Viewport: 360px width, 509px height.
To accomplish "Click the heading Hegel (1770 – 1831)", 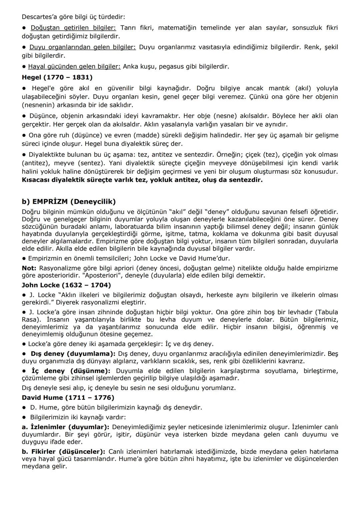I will pos(57,77).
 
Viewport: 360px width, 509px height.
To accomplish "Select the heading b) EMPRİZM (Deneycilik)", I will pos(69,202).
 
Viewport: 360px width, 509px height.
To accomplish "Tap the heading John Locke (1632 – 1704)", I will pos(66,285).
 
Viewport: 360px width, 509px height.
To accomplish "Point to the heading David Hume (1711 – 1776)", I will pos(68,397).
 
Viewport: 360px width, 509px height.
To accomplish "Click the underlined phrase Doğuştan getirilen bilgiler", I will pos(73,28).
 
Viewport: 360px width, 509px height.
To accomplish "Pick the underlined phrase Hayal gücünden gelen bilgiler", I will pos(74,66).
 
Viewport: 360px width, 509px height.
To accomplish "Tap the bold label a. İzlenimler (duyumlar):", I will pos(66,427).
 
